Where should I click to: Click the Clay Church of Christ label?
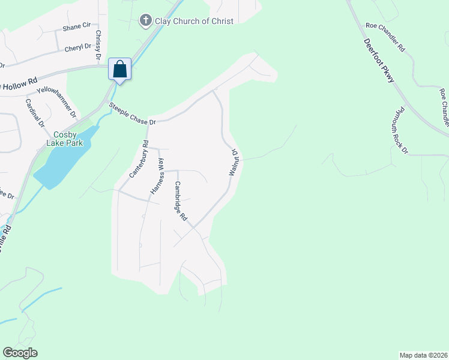tap(194, 21)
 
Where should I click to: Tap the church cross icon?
tap(145, 21)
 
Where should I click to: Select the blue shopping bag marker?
tap(119, 69)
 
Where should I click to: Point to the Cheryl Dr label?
tap(77, 46)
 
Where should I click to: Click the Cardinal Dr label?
tap(34, 112)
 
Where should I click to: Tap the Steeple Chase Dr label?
tap(132, 114)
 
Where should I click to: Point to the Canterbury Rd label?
tap(138, 159)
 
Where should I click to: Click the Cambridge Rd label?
tap(181, 201)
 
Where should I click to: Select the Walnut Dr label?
tap(233, 163)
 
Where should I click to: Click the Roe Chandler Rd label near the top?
tap(385, 37)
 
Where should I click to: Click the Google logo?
tap(20, 353)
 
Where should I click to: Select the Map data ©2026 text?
tap(423, 355)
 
